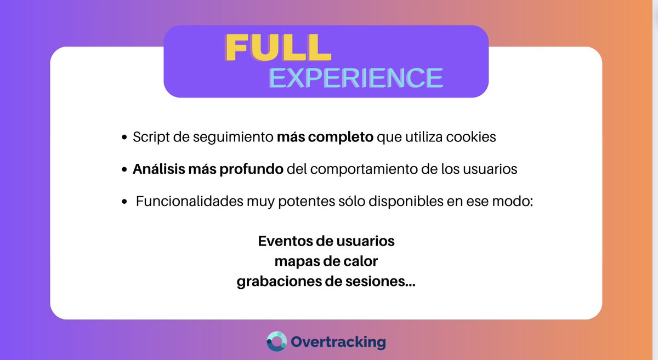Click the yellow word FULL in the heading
pos(279,48)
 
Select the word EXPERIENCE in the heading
pos(356,78)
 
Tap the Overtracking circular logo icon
pos(276,341)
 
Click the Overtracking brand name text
pos(338,342)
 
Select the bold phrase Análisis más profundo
pos(208,169)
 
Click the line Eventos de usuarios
pos(326,241)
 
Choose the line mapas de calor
pos(326,261)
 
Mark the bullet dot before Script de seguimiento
pos(124,138)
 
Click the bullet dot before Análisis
pos(124,170)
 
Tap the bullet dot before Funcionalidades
pos(124,202)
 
